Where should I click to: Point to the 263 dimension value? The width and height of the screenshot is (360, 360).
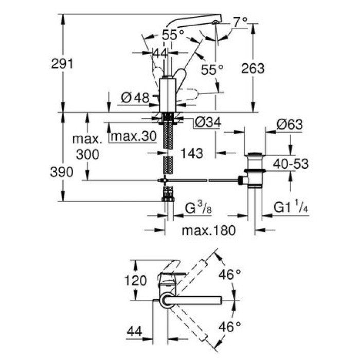253,68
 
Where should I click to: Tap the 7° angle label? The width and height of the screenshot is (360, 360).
240,22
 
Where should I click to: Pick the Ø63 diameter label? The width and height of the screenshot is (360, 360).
289,125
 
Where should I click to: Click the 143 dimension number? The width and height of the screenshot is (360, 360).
191,153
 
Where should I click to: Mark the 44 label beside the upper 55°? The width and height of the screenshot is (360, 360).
160,53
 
